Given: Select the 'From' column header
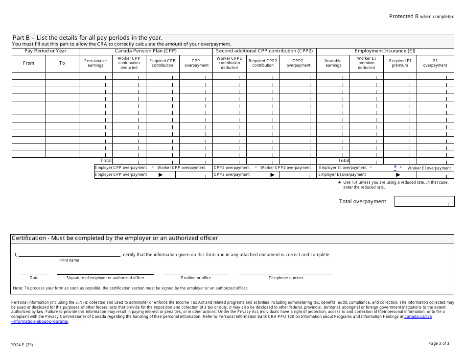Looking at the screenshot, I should click(x=29, y=63).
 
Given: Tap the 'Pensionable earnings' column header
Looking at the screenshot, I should click(x=95, y=63).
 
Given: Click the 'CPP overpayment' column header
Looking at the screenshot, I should click(x=196, y=63).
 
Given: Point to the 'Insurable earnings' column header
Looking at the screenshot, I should click(x=333, y=63).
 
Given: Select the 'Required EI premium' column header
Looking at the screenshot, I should click(x=400, y=63).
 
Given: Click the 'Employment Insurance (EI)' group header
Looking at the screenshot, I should click(x=385, y=51).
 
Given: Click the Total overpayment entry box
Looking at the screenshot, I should click(x=424, y=201).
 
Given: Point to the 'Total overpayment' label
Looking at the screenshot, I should click(x=362, y=201).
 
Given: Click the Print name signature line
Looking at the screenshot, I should click(x=69, y=255).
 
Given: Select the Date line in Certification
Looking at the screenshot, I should click(x=34, y=273).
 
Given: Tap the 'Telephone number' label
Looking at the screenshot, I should click(x=286, y=278).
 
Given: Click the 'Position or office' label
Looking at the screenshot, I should click(x=196, y=278).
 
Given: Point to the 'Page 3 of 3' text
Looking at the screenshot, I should click(x=439, y=343).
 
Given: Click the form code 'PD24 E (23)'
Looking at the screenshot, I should click(x=22, y=345).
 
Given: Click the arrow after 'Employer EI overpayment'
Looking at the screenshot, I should click(x=398, y=174).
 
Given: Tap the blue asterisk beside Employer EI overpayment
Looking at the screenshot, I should click(x=395, y=167).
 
